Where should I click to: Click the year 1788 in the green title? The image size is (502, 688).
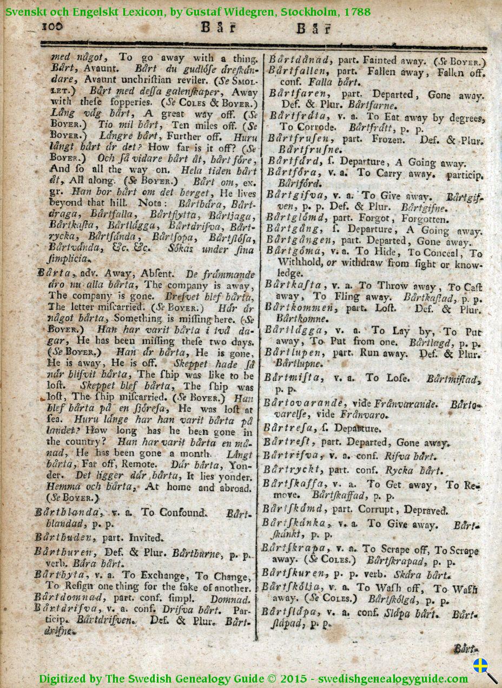click(x=356, y=12)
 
